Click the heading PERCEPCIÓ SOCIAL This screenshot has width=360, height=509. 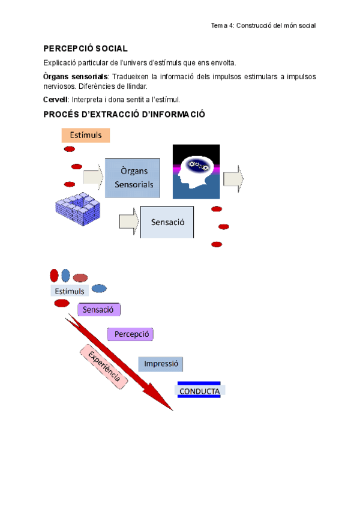pos(85,49)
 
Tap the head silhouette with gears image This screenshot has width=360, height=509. pos(196,171)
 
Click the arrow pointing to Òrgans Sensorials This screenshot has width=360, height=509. pos(93,176)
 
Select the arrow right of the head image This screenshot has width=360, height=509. pos(233,178)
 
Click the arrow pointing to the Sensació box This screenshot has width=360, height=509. pos(128,221)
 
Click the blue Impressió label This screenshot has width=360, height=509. pos(160,364)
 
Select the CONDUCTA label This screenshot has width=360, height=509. pos(199,391)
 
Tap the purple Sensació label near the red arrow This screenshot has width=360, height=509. pos(99,310)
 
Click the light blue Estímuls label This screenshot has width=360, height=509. pos(70,291)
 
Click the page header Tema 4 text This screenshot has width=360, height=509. pos(263,26)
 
